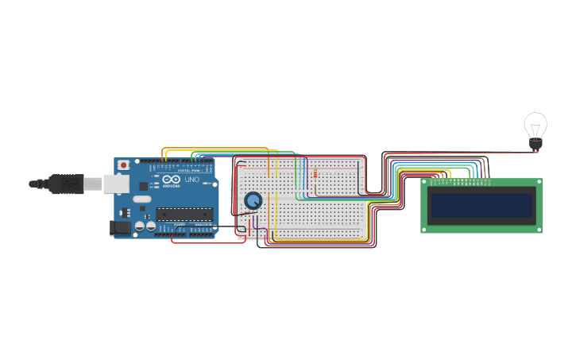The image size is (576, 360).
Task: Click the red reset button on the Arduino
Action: pos(123,165)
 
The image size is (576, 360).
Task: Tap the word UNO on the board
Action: pos(191,180)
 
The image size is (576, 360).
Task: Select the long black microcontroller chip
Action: pos(184,212)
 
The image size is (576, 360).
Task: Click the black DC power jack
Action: pos(121,228)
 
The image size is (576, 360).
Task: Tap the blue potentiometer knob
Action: pos(253,201)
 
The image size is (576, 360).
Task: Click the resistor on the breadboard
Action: pos(315,174)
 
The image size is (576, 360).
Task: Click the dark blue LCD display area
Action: pos(481,205)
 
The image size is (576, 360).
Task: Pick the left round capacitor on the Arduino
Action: pos(140,226)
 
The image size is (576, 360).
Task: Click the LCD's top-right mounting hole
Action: pos(538,183)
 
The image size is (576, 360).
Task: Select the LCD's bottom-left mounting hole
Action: pos(425,229)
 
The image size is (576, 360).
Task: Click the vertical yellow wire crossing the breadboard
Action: pos(269,199)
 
